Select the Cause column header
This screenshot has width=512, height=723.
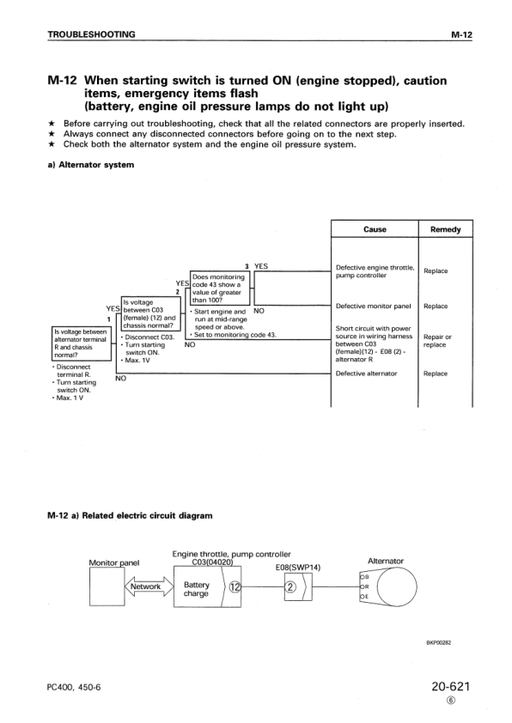tap(375, 229)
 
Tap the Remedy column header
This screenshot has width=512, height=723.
tap(444, 229)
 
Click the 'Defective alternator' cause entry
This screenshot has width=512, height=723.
tap(367, 374)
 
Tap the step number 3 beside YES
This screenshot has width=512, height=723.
tap(247, 266)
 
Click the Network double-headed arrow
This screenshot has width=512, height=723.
tap(145, 587)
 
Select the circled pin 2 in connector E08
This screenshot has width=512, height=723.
tap(290, 587)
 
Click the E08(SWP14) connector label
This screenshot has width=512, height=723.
tap(297, 567)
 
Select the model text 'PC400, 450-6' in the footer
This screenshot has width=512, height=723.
tap(74, 689)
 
